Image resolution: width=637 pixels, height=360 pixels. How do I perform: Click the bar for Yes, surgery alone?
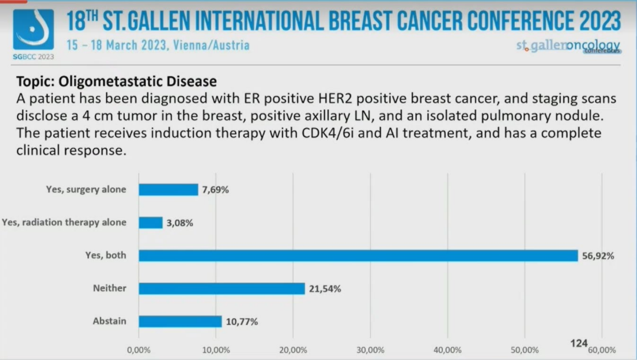168,189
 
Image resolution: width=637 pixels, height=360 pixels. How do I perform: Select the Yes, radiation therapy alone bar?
150,222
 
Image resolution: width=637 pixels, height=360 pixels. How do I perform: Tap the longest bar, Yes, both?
358,256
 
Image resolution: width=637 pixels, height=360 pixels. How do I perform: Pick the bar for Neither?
222,289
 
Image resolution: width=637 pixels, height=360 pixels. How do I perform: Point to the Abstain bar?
180,322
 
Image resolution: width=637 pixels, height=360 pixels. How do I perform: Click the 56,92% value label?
597,256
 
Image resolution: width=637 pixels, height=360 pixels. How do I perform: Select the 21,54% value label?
324,289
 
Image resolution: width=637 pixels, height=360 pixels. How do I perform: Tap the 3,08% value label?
179,223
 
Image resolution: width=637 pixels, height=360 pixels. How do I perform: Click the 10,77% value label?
241,322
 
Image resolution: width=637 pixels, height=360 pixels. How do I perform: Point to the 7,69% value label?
215,190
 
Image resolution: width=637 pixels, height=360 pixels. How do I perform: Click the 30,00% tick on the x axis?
370,349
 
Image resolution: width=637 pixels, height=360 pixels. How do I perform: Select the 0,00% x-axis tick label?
139,349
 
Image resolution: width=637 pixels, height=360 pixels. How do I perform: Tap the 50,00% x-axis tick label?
525,349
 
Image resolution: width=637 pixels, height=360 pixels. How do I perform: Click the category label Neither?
109,289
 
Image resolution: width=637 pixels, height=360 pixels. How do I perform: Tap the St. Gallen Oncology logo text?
568,45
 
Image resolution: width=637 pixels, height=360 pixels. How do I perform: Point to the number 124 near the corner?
579,343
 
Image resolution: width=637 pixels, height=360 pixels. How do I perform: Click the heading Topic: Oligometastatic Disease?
116,81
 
